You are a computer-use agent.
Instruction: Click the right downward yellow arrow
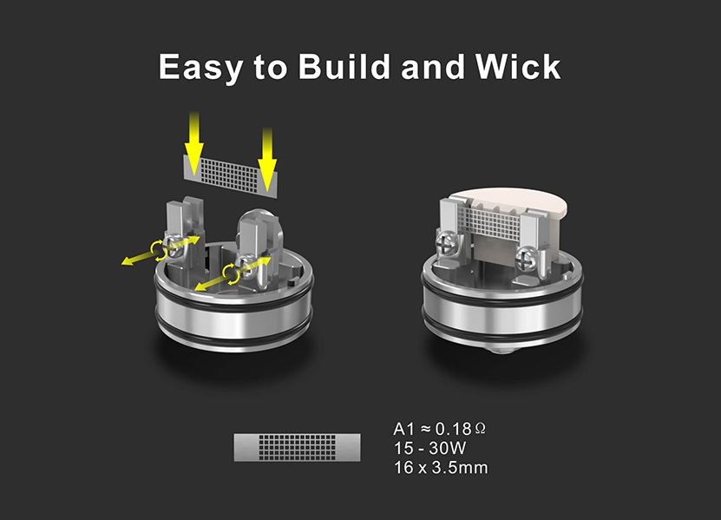(266, 156)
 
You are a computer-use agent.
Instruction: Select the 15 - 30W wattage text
(431, 449)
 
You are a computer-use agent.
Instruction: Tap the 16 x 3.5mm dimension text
(440, 469)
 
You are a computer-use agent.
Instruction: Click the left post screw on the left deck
(171, 247)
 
